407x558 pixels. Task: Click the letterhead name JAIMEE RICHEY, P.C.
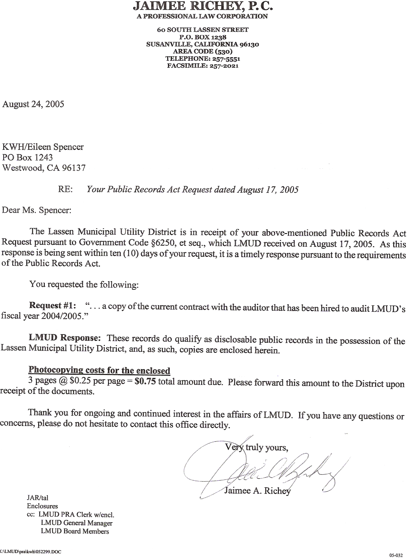pos(203,6)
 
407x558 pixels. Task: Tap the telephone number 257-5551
pos(224,59)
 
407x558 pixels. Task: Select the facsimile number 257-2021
pos(224,66)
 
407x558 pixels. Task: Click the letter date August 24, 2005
pos(33,104)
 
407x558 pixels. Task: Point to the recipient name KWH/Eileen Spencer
pos(43,147)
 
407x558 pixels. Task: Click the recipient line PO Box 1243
pos(28,157)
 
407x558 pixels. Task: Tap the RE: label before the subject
pos(65,189)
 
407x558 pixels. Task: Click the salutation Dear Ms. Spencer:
pos(37,210)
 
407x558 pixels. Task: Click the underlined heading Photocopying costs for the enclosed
pos(99,370)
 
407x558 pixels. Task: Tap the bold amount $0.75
pos(145,381)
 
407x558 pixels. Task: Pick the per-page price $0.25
pos(80,381)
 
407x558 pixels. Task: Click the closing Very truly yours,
pos(257,447)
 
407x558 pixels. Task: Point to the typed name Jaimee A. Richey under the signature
pos(257,491)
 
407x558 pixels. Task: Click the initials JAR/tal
pos(38,498)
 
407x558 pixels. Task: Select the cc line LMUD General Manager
pos(77,523)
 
